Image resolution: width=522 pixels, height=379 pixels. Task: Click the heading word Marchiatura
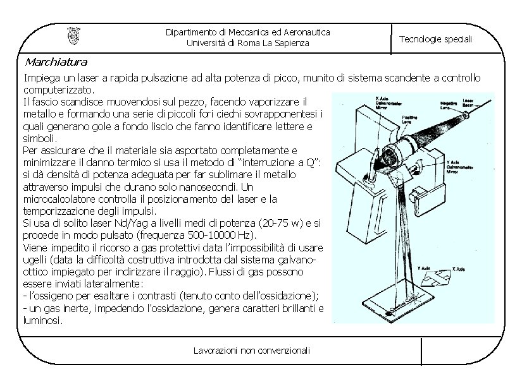click(56, 62)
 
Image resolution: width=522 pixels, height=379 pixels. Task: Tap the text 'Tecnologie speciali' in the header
click(435, 39)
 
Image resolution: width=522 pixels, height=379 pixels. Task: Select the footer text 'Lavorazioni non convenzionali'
click(252, 351)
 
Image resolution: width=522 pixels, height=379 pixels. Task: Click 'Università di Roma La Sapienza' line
click(248, 43)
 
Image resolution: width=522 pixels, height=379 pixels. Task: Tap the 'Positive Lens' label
click(409, 121)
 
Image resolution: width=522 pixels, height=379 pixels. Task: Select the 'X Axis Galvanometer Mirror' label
click(387, 103)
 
